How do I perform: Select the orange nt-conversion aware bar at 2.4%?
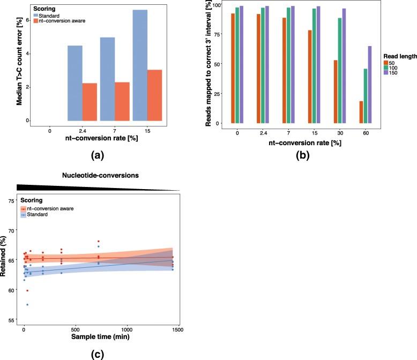[90, 102]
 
